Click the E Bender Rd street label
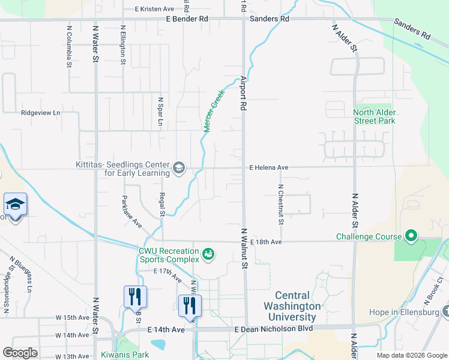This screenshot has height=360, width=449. (x=187, y=19)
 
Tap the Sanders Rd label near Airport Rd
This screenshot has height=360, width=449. (x=270, y=19)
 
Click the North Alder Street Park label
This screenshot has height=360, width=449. (x=374, y=116)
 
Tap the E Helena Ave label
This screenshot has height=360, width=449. (x=269, y=168)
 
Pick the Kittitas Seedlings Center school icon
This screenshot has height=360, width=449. (x=179, y=169)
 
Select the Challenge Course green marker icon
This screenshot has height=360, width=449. (x=411, y=236)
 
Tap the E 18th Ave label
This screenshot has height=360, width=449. (x=267, y=242)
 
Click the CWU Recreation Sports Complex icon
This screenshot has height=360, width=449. (x=208, y=255)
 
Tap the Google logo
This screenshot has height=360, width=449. (x=20, y=353)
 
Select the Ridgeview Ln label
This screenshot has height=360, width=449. (x=41, y=112)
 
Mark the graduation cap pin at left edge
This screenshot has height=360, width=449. (x=15, y=204)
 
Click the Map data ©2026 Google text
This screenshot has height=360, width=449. (x=411, y=355)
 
